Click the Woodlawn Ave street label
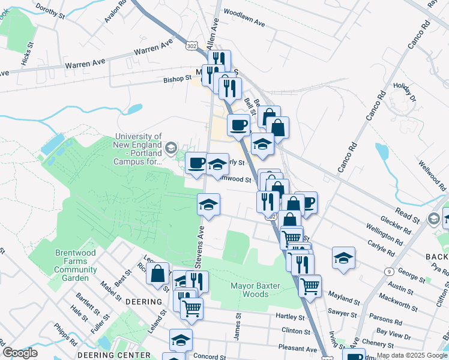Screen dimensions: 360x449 coord(244,18)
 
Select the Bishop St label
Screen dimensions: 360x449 coord(177,78)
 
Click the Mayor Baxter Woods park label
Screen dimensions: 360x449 coord(256,290)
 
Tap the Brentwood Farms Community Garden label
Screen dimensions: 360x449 coord(76,266)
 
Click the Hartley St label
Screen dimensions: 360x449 coord(287,316)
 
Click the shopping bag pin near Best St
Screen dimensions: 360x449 coord(157,274)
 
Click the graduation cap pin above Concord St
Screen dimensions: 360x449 coord(181,340)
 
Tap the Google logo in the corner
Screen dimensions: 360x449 coord(20,353)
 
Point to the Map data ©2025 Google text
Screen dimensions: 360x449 coord(412,355)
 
